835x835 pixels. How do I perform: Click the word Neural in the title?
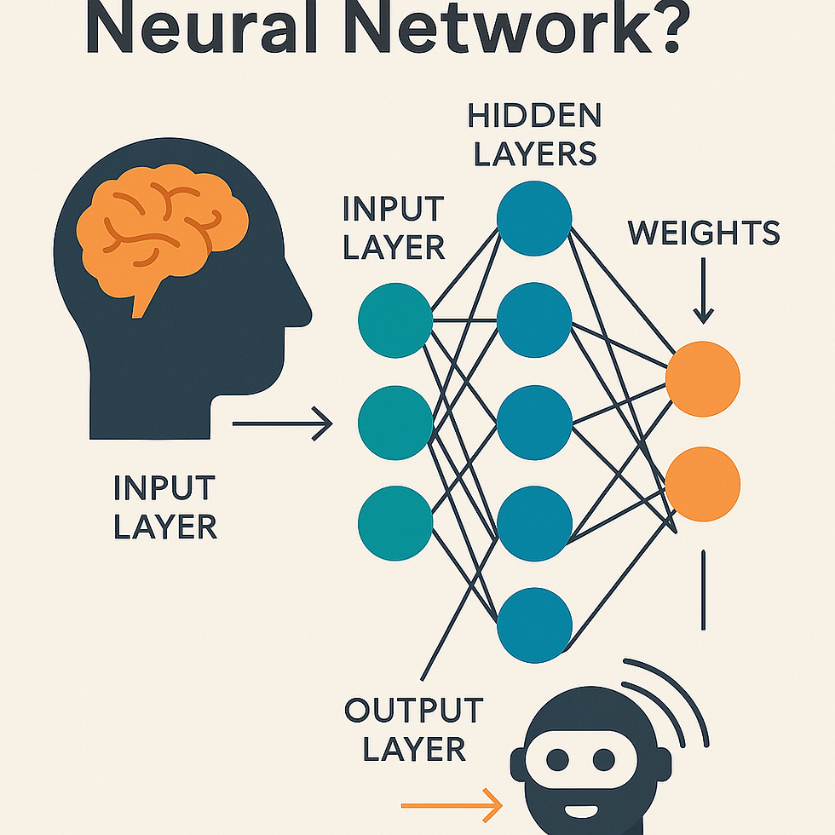tap(199, 29)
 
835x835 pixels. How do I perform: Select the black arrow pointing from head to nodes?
tap(281, 423)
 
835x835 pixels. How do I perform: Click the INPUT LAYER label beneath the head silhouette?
tap(164, 508)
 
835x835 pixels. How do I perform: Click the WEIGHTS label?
tap(704, 233)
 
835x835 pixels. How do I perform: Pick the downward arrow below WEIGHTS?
tap(703, 294)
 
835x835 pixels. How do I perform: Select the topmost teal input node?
tap(395, 320)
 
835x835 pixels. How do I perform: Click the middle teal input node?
tap(395, 423)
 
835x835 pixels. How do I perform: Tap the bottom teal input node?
tap(395, 522)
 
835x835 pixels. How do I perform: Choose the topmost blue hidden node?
tap(534, 219)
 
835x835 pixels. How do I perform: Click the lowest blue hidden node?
tap(534, 625)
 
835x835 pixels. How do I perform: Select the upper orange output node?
tap(703, 379)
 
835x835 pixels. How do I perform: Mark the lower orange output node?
tap(703, 483)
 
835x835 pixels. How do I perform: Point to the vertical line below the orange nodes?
tap(703, 590)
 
